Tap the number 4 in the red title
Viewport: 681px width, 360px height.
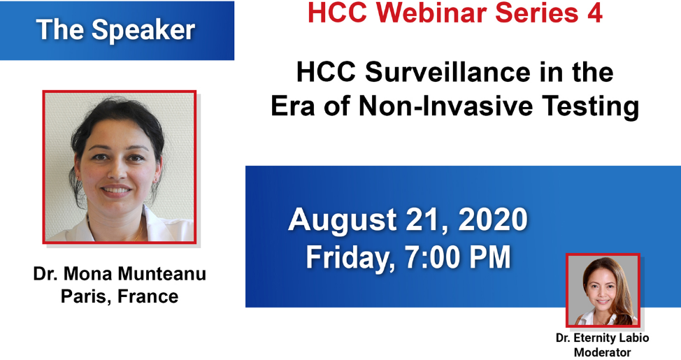coord(595,13)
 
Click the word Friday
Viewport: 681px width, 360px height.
coord(350,257)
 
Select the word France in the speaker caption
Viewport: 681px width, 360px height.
coord(148,296)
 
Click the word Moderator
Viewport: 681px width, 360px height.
coord(602,352)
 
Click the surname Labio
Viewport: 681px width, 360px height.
coord(635,338)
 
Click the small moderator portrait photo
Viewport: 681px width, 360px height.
coord(603,290)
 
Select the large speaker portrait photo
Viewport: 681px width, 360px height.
coord(119,166)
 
